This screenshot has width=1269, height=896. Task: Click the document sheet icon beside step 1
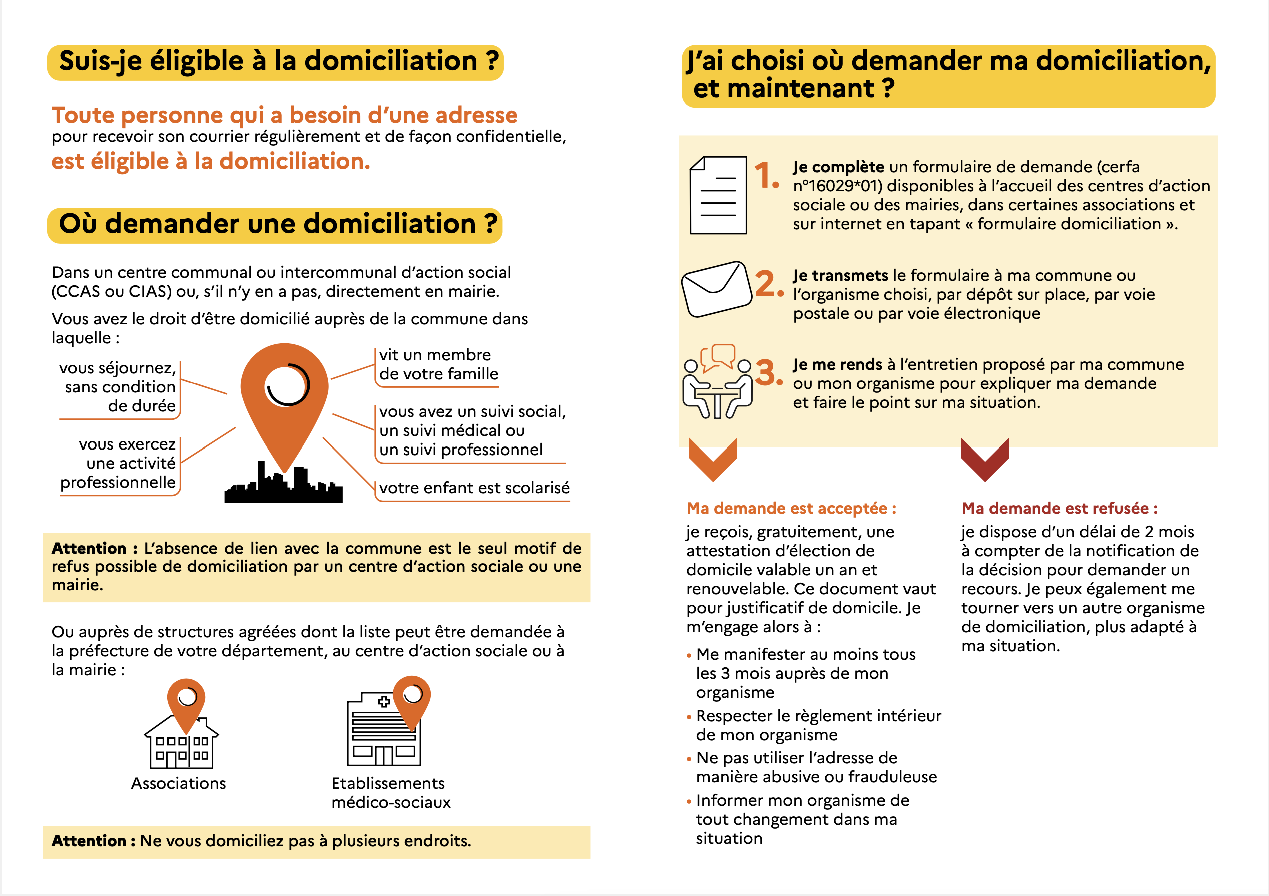coord(718,195)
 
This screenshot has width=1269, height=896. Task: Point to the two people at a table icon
coord(717,382)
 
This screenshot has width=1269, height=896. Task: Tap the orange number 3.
coord(767,373)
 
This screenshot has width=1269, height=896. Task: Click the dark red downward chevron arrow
coord(984,459)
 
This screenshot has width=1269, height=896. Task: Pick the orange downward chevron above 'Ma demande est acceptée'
coord(713,459)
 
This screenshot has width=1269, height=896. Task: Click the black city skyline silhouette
coord(284,487)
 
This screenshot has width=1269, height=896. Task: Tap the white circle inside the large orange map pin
coord(286,385)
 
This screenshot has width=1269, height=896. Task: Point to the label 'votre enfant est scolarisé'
coord(474,488)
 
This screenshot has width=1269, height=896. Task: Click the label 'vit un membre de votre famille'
coord(439,365)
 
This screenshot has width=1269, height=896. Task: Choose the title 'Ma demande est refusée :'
coord(1059,508)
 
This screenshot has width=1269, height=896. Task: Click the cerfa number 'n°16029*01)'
coord(837,186)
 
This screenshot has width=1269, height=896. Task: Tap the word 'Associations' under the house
coord(179,783)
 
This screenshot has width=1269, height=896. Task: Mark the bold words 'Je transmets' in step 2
coord(840,275)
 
